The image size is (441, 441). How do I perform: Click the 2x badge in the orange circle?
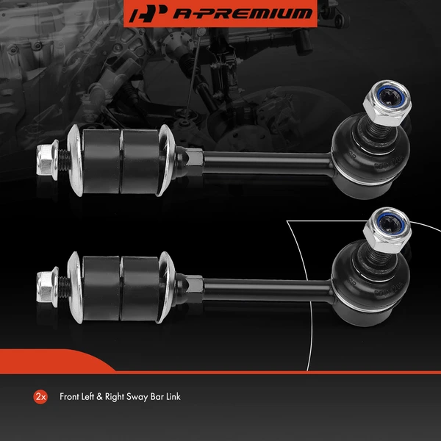pyautogui.click(x=40, y=397)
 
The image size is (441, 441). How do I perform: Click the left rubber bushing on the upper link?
pyautogui.click(x=100, y=157)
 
